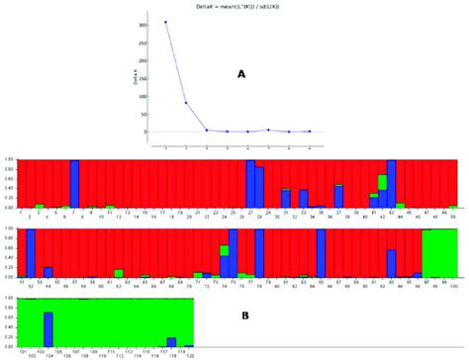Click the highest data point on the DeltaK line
165,22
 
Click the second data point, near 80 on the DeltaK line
186,102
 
